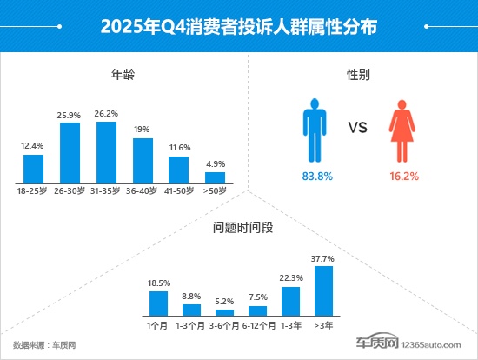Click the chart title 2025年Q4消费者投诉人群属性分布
click(x=239, y=26)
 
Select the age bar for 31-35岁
click(x=106, y=152)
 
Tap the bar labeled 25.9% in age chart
click(x=70, y=153)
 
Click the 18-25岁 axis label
click(x=33, y=190)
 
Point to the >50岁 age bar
click(x=215, y=177)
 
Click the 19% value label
click(x=143, y=129)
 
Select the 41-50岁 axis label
click(x=178, y=190)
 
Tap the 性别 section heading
click(x=358, y=75)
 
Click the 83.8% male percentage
click(x=313, y=176)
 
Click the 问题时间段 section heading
click(x=239, y=230)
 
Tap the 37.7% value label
click(x=323, y=258)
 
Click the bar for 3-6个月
click(x=224, y=311)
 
